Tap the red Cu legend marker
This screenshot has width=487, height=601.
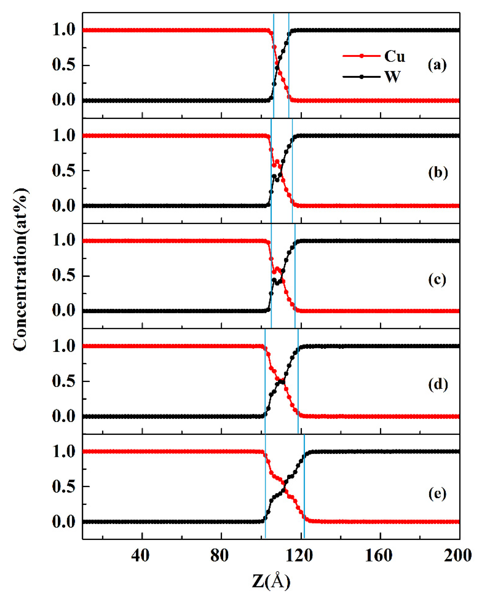(x=361, y=56)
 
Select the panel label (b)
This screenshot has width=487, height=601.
(x=438, y=172)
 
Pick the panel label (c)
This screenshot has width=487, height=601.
(x=437, y=279)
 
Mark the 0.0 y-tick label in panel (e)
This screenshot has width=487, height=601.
(x=64, y=522)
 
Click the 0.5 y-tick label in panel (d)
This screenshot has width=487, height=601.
(x=64, y=381)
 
